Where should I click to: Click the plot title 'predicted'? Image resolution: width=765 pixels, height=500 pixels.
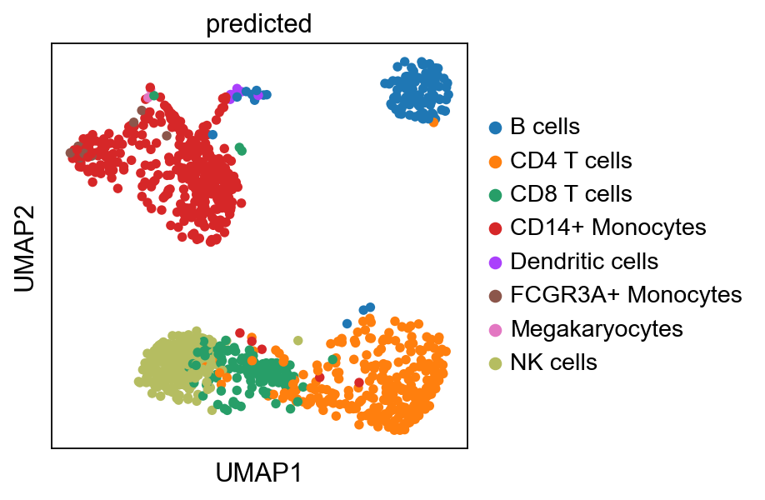click(x=258, y=24)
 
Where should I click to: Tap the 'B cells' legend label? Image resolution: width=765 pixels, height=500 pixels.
click(x=545, y=127)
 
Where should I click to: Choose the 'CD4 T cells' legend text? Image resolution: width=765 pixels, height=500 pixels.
click(x=571, y=161)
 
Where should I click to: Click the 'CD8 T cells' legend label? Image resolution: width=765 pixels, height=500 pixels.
click(x=571, y=194)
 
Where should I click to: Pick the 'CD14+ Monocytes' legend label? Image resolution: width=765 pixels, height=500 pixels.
click(x=608, y=227)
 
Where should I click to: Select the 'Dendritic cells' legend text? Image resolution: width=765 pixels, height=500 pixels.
click(x=584, y=261)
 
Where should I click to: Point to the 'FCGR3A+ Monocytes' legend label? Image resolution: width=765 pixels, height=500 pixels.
click(x=626, y=294)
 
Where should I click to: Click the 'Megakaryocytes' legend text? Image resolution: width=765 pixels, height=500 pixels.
click(x=597, y=328)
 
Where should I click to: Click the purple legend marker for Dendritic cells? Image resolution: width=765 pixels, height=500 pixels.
click(x=496, y=262)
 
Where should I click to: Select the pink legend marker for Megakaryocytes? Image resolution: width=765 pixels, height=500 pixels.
click(x=496, y=328)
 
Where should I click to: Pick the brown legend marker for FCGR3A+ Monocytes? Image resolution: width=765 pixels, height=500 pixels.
click(x=496, y=295)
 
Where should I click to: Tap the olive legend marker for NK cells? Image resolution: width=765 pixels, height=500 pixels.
click(x=496, y=362)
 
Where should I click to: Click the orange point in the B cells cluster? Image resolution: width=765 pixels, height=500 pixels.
click(x=434, y=122)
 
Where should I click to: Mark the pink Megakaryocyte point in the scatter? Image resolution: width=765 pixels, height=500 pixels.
click(x=147, y=97)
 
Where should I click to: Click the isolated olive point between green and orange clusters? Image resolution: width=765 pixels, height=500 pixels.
click(x=297, y=340)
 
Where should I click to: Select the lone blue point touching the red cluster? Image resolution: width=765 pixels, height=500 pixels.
click(x=213, y=134)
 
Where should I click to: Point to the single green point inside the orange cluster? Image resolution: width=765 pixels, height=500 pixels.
click(x=333, y=359)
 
